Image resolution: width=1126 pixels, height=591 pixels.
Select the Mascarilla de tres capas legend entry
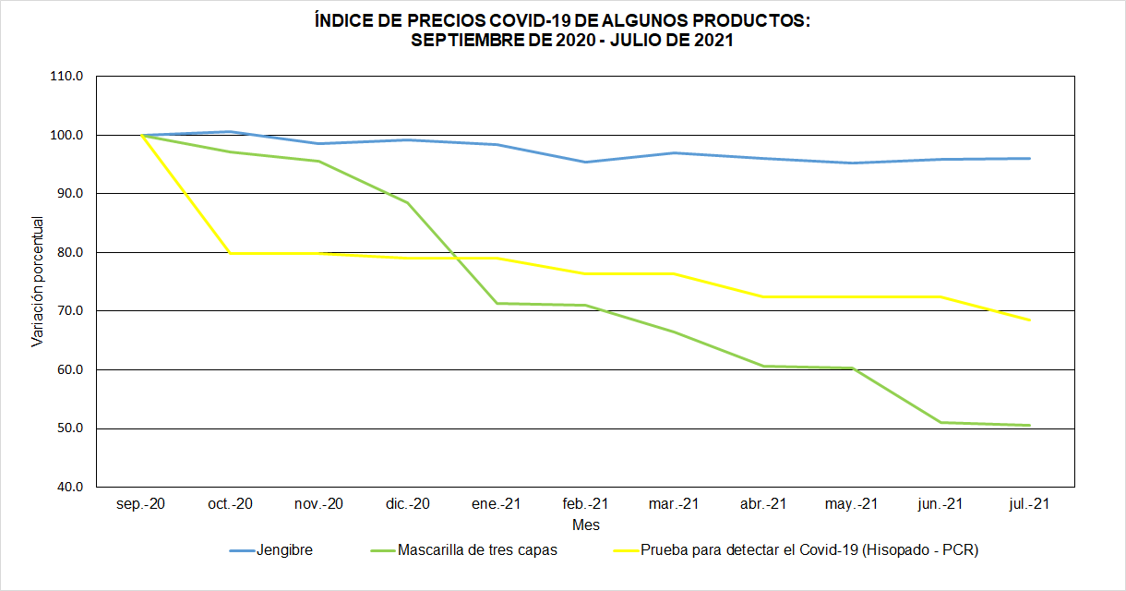477,550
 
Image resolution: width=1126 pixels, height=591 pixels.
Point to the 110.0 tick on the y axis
67,77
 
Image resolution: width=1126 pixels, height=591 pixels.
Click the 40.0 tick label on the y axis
67,487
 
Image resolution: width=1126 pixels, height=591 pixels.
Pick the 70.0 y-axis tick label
67,311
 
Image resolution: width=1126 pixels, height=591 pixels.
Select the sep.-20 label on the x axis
141,504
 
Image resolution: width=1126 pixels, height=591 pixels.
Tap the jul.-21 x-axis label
1029,504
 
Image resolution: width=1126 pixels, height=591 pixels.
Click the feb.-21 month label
585,504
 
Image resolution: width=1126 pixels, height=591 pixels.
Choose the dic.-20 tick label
408,504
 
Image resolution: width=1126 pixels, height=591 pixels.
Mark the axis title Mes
585,525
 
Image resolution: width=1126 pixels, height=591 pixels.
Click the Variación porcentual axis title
38,282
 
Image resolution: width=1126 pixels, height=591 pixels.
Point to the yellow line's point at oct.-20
230,253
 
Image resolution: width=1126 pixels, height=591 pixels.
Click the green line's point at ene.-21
497,303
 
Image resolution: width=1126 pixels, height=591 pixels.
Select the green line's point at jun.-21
940,422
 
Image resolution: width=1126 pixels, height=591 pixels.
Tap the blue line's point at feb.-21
585,163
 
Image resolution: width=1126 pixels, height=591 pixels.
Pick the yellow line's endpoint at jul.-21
1029,320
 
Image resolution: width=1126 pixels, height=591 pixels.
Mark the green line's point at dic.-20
408,203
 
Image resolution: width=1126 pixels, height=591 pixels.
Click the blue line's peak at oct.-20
230,132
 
